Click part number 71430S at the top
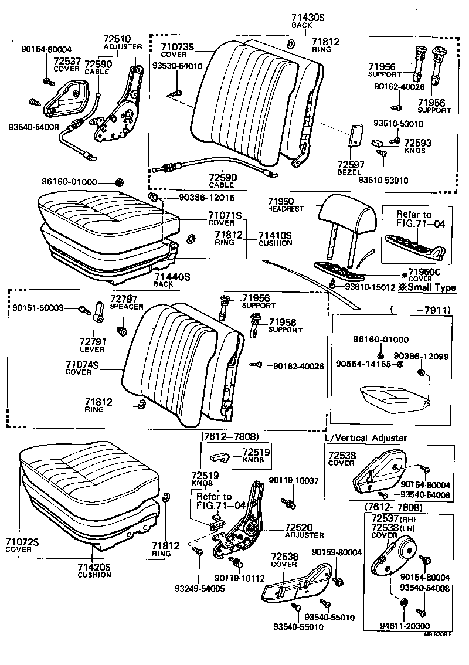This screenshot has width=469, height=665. pos(308,18)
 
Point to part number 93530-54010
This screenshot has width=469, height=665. pos(177,66)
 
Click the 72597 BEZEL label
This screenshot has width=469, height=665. pos(351,167)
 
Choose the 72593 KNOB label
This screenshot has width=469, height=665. pos(418,145)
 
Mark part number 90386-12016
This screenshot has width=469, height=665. pos(191,198)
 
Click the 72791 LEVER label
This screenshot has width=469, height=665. pos(92,345)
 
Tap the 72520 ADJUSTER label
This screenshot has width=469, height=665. pos(304,530)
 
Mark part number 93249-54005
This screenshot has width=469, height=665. pos(199,588)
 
